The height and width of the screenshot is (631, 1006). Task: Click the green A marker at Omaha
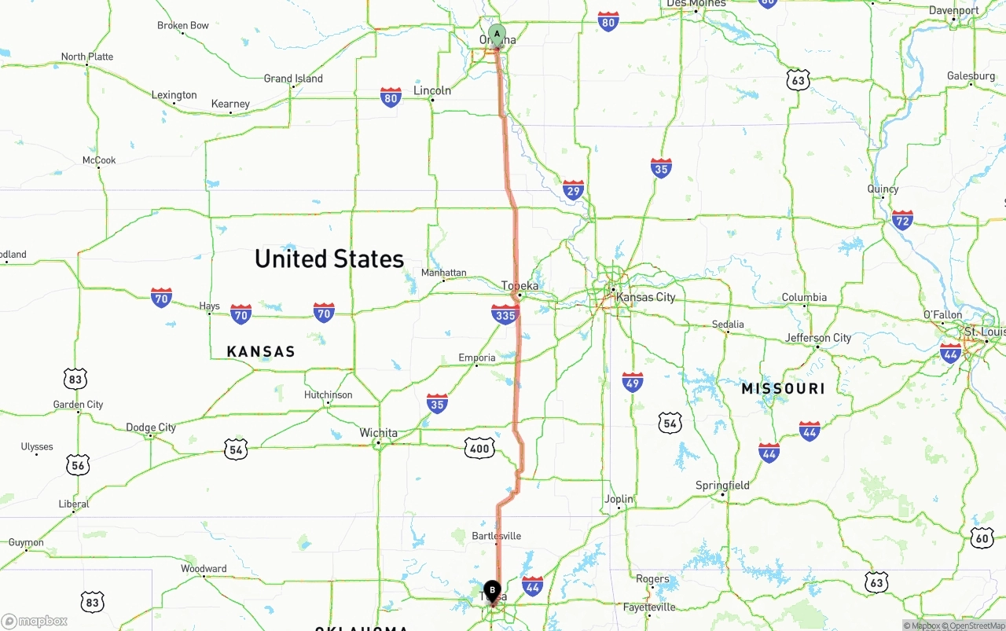pos(497,35)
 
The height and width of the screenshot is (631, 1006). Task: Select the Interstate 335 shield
pos(505,315)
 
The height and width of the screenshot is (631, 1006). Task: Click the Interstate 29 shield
pos(574,190)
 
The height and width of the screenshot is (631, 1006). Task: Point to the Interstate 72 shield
pos(902,220)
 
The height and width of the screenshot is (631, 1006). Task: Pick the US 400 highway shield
pos(479,449)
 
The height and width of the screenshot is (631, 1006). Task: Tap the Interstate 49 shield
pos(633,383)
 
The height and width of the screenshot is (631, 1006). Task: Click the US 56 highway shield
pos(77,465)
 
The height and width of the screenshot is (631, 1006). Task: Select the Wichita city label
pos(378,433)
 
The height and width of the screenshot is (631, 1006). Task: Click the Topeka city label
pos(520,286)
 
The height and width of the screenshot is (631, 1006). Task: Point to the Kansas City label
pos(645,297)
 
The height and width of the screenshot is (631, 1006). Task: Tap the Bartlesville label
pos(496,536)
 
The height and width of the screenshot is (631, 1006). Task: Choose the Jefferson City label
pos(818,338)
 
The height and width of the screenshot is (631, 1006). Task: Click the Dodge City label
pos(151,427)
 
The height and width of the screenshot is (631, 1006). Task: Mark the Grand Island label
pos(293,79)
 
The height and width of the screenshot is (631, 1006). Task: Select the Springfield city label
pos(722,486)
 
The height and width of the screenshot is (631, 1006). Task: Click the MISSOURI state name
pos(783,388)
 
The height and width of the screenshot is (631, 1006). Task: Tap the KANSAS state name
pos(261,351)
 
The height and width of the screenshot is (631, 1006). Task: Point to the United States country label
pos(329,259)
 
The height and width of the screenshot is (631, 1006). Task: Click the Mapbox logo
pos(35,621)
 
